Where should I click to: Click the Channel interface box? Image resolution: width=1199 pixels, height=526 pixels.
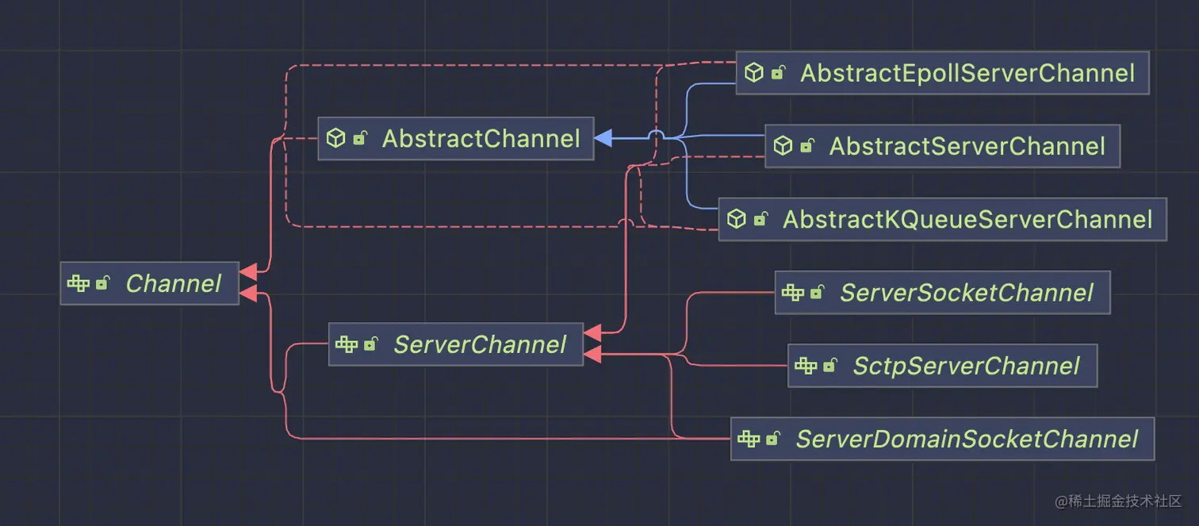click(x=150, y=283)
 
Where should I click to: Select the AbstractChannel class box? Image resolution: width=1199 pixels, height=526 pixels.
click(x=455, y=139)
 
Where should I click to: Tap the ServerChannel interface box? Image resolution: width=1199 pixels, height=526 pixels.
click(x=455, y=344)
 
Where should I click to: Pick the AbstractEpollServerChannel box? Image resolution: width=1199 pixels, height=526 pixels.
click(x=942, y=73)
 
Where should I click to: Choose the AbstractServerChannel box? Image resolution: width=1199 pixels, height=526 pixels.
click(x=942, y=146)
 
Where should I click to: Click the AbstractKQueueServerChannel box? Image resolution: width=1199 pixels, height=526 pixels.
click(x=942, y=219)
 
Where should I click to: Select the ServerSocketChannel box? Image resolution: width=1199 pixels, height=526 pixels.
click(x=942, y=293)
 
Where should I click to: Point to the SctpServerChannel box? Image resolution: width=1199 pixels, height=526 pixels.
click(x=942, y=366)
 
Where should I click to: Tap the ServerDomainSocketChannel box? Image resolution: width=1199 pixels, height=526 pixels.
click(x=942, y=439)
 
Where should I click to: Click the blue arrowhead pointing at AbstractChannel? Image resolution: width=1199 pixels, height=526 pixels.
click(x=603, y=138)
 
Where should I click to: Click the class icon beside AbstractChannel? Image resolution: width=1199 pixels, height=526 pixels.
click(x=336, y=138)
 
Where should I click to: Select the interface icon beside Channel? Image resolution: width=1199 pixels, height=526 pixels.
click(x=78, y=283)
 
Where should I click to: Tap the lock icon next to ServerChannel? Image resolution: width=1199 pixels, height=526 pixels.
click(x=370, y=344)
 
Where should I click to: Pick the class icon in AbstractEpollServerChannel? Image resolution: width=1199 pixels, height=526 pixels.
click(x=753, y=73)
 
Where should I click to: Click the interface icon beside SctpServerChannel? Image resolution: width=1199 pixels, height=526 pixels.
click(x=806, y=366)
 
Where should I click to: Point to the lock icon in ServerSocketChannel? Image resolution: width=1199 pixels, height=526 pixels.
click(x=817, y=293)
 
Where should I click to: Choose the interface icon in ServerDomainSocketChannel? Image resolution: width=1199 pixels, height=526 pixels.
click(x=749, y=439)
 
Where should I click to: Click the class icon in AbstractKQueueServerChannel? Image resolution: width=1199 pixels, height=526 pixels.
click(x=737, y=219)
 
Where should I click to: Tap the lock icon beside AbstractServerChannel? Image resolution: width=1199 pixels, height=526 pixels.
click(x=806, y=146)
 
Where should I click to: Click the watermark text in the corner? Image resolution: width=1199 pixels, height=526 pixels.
click(x=1118, y=501)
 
